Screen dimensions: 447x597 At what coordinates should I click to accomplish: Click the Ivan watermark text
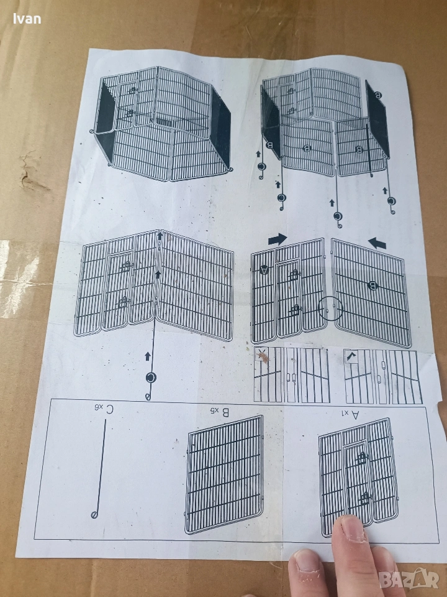click(27, 19)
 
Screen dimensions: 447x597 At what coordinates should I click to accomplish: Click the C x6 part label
click(105, 409)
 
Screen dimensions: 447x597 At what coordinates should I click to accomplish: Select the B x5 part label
click(220, 412)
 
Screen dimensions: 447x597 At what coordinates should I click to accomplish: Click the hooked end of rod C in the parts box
click(94, 515)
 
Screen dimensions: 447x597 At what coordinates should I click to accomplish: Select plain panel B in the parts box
click(224, 474)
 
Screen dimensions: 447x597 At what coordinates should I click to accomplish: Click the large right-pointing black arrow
click(278, 239)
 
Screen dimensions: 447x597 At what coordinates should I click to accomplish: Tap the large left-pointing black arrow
click(377, 243)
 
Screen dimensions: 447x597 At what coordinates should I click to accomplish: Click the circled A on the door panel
click(264, 269)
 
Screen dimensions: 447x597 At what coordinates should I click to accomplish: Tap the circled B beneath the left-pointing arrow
click(372, 285)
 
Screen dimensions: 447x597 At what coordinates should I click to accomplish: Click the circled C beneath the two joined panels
click(151, 377)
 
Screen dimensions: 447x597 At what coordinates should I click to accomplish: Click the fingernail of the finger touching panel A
click(353, 528)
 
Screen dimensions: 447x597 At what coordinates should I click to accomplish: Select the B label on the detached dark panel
click(378, 95)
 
